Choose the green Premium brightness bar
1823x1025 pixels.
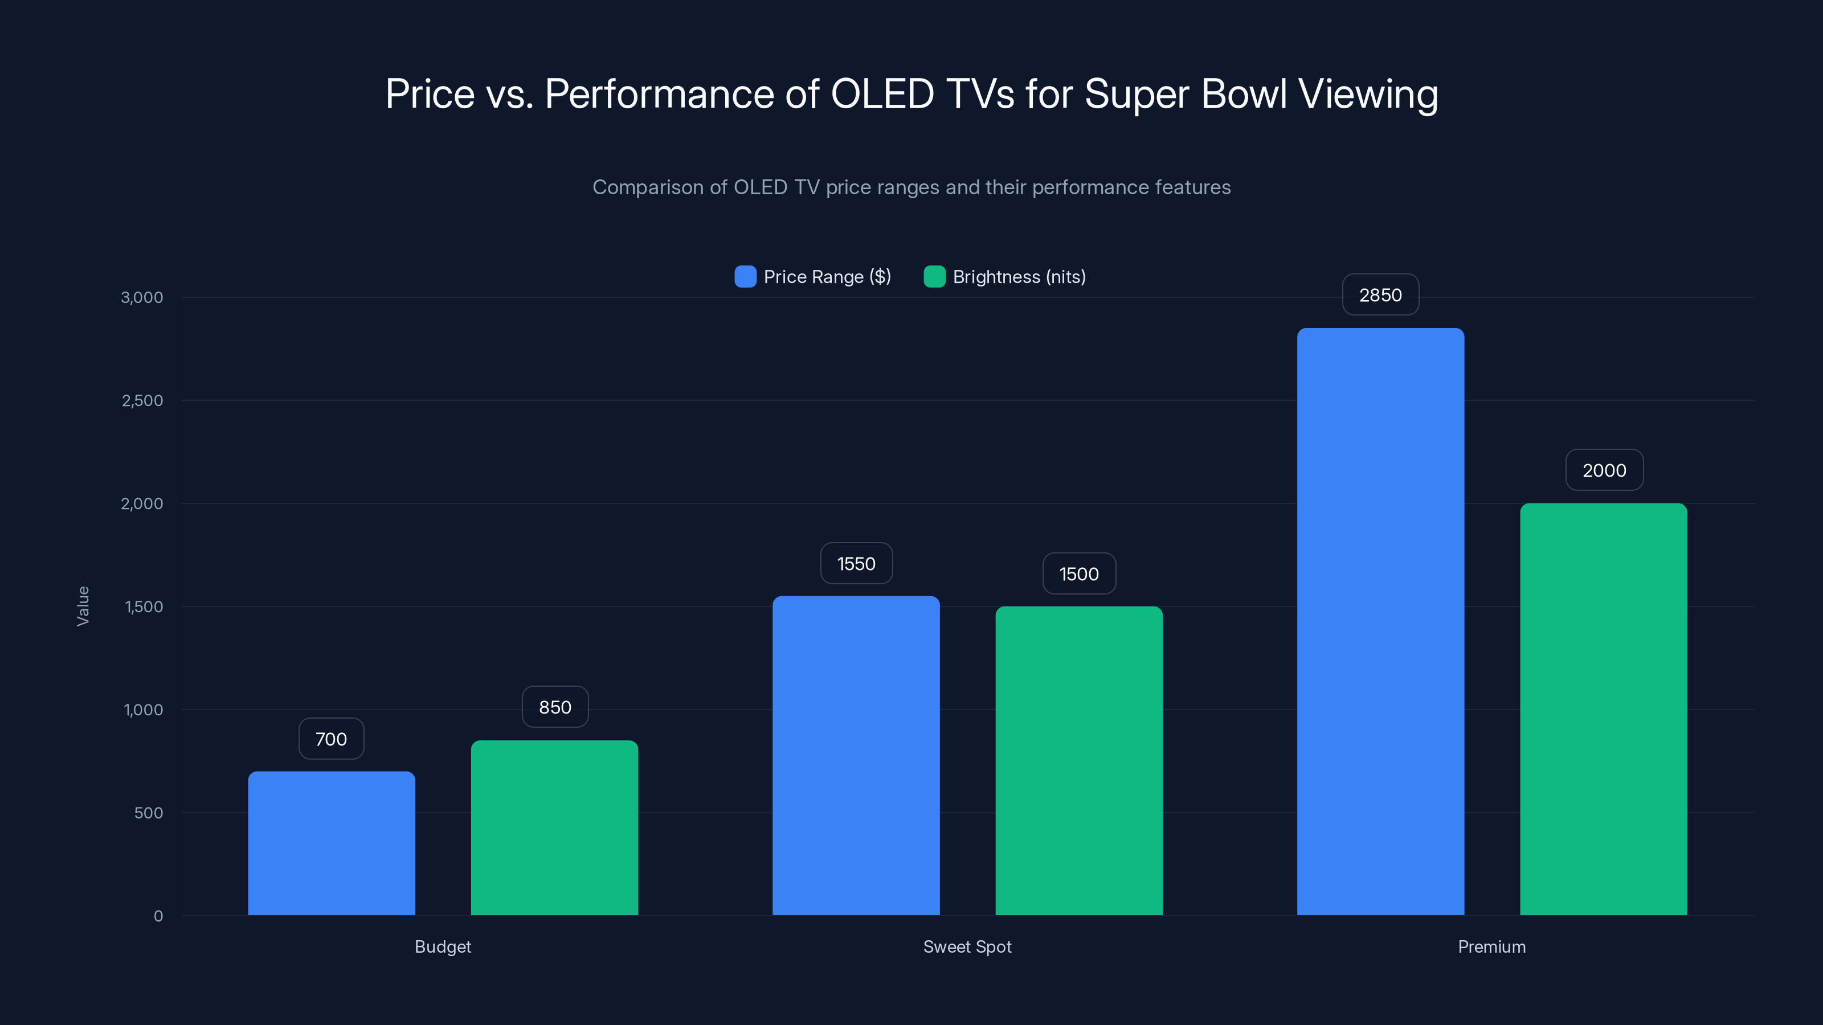(x=1603, y=709)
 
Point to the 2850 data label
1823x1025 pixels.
(x=1380, y=295)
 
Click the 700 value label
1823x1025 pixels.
(x=331, y=739)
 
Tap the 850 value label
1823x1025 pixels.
(x=555, y=707)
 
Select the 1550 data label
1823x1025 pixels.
(x=856, y=564)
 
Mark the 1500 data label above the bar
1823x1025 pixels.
(x=1078, y=573)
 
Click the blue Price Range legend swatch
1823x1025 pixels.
(x=745, y=277)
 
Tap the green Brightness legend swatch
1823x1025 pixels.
(x=934, y=277)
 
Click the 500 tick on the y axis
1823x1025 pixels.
(x=149, y=813)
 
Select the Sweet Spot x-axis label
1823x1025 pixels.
(x=967, y=946)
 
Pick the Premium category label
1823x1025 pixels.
(x=1491, y=946)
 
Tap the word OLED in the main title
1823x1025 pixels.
(x=882, y=94)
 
